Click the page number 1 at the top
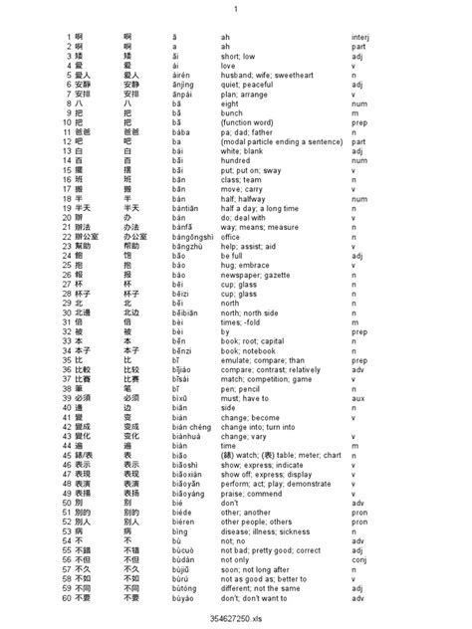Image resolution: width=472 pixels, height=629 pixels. (x=236, y=10)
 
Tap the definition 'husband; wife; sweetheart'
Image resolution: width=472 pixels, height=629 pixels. (x=264, y=73)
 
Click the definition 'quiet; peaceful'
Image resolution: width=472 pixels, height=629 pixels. (x=247, y=83)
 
